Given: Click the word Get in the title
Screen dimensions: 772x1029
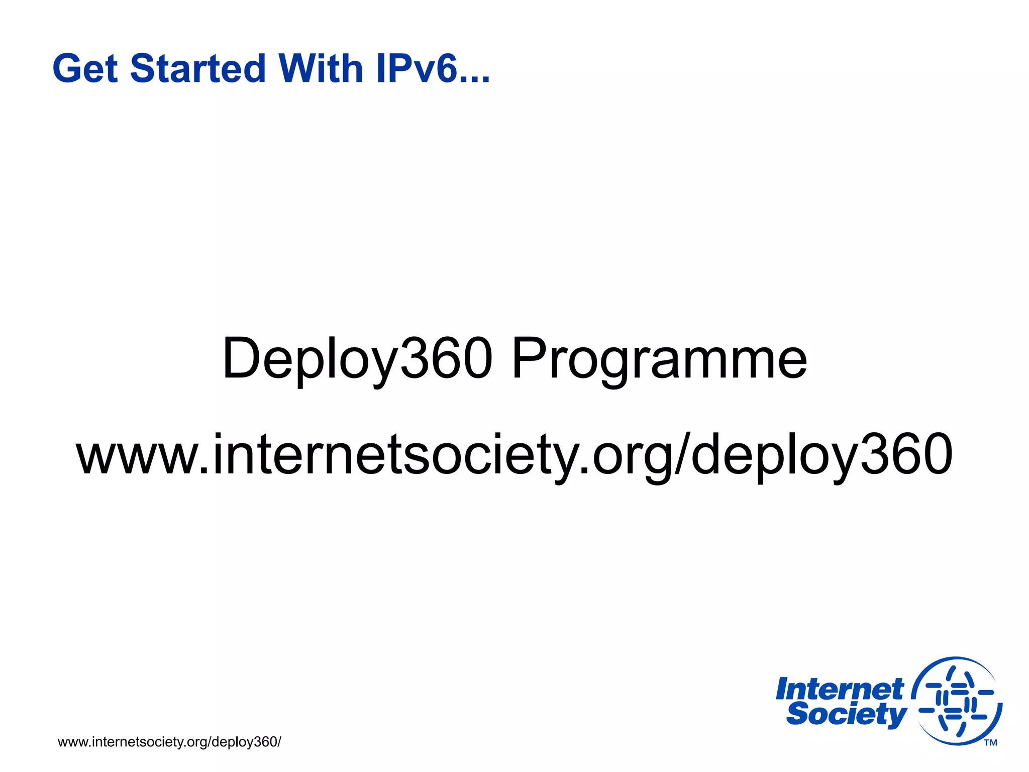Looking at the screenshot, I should tap(85, 69).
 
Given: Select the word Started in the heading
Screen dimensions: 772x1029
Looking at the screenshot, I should tap(197, 69).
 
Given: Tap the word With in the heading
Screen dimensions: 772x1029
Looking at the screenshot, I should tap(321, 69).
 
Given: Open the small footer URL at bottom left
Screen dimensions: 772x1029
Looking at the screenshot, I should tap(169, 742).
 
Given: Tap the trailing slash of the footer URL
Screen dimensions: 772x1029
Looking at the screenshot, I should tap(279, 742).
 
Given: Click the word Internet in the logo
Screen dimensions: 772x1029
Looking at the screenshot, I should tap(840, 689).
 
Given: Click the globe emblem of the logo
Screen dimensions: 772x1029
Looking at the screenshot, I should tap(957, 701).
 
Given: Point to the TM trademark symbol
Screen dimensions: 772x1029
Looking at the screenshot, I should tap(990, 743).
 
